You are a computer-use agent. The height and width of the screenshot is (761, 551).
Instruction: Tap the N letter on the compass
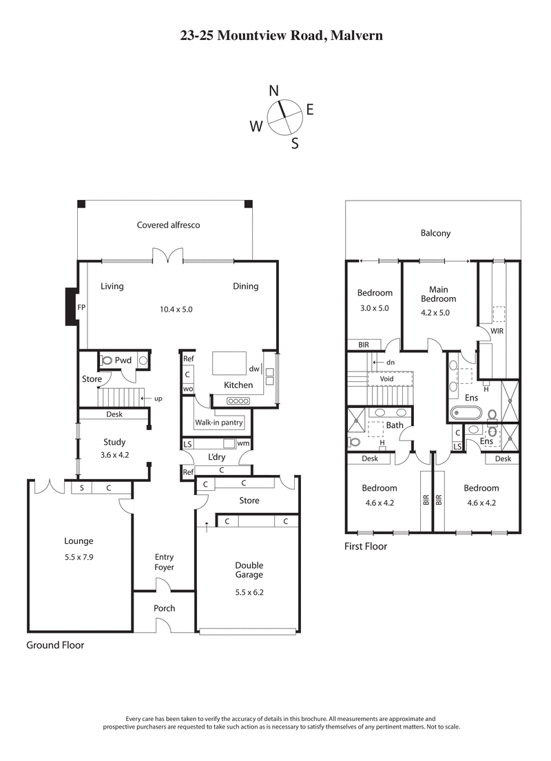pyautogui.click(x=273, y=91)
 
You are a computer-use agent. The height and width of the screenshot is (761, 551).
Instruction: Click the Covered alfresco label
pyautogui.click(x=168, y=225)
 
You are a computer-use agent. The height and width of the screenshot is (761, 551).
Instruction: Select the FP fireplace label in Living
pyautogui.click(x=82, y=307)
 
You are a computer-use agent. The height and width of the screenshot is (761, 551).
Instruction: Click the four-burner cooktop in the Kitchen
pyautogui.click(x=238, y=401)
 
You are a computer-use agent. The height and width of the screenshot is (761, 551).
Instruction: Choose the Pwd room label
pyautogui.click(x=123, y=361)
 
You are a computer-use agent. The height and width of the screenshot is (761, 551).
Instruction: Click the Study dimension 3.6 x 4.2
pyautogui.click(x=114, y=455)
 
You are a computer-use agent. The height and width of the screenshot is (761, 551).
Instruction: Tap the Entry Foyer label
pyautogui.click(x=164, y=562)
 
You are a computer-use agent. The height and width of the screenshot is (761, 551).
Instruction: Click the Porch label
pyautogui.click(x=164, y=608)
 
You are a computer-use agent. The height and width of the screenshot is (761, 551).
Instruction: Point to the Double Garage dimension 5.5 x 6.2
pyautogui.click(x=249, y=591)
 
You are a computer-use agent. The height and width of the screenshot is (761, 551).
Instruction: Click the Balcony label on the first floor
pyautogui.click(x=435, y=233)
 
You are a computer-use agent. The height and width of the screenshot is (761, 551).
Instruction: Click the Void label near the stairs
pyautogui.click(x=386, y=378)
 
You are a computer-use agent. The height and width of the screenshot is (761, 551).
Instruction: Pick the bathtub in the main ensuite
pyautogui.click(x=465, y=414)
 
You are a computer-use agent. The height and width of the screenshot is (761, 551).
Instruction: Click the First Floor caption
pyautogui.click(x=365, y=547)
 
